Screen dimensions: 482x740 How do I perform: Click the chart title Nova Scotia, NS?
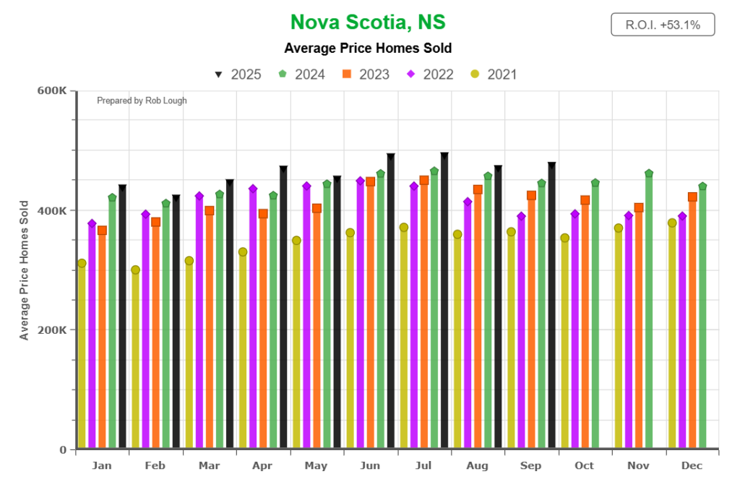click(x=368, y=23)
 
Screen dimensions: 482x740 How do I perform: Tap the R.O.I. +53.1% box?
click(x=663, y=25)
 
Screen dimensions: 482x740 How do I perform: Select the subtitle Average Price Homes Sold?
click(x=368, y=48)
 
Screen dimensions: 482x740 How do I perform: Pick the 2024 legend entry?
click(x=302, y=74)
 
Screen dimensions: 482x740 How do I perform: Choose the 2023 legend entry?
click(x=366, y=74)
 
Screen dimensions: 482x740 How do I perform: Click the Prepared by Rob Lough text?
click(x=142, y=100)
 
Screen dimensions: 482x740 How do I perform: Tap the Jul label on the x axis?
click(x=423, y=465)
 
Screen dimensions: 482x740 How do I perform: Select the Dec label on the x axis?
click(x=692, y=465)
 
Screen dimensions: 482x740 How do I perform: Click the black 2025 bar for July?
click(x=444, y=304)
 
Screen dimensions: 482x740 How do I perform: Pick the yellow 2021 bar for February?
click(x=135, y=361)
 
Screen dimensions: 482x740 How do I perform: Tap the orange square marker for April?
click(x=263, y=214)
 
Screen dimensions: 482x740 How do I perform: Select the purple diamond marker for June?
click(x=360, y=181)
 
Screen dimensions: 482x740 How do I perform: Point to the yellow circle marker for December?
click(x=672, y=223)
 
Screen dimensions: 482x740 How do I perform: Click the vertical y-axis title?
click(x=25, y=270)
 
